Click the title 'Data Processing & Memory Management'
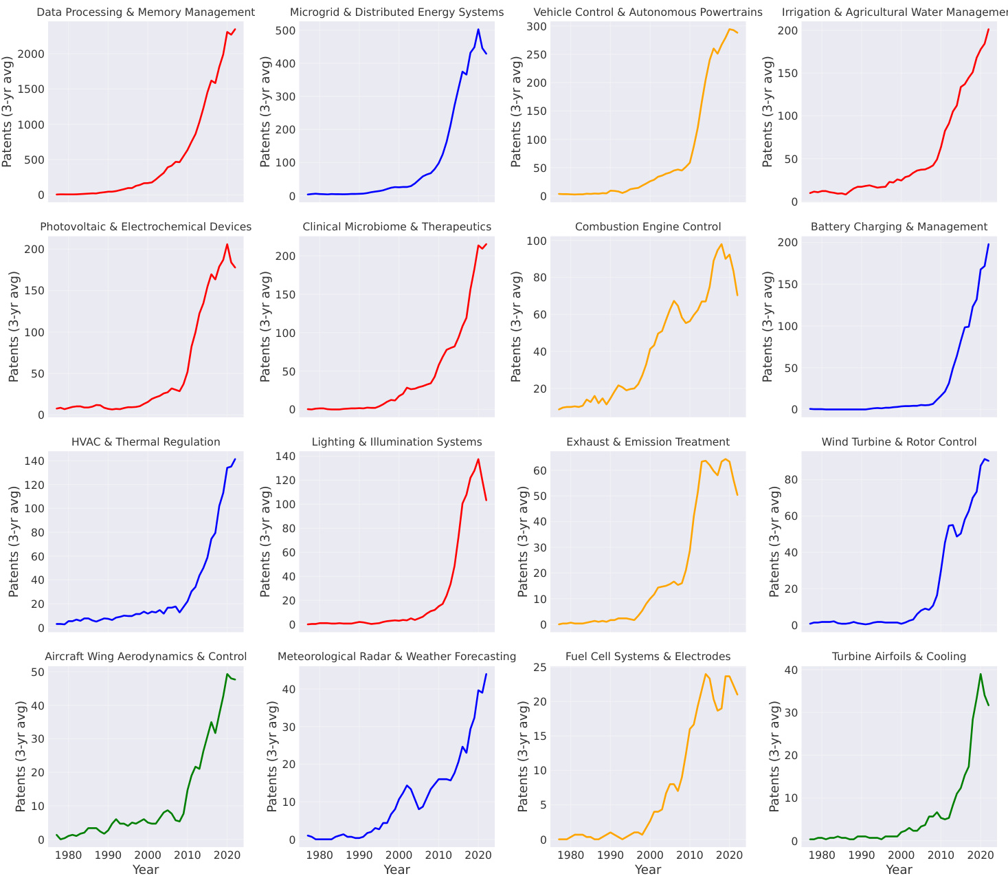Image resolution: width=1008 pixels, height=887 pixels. (x=145, y=12)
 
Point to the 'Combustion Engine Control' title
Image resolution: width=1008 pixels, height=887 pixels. (x=647, y=227)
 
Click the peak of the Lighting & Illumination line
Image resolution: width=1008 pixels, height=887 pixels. (x=478, y=459)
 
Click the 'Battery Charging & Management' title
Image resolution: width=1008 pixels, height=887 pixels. (x=899, y=227)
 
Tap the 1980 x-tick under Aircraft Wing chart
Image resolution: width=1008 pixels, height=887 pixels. (x=67, y=855)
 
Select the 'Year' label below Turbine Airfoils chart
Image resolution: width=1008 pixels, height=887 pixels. (x=899, y=870)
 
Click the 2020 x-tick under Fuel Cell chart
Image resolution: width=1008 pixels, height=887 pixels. (x=730, y=855)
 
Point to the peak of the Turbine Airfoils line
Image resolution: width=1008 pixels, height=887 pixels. (x=981, y=674)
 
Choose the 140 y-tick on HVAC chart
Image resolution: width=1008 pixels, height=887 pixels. (x=36, y=461)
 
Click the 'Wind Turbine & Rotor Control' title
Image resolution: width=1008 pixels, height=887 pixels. (x=899, y=442)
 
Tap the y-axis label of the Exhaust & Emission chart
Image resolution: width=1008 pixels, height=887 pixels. (x=523, y=541)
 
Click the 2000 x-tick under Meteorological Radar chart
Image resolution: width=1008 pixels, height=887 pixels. (x=398, y=855)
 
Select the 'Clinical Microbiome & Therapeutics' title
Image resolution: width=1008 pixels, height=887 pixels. (x=396, y=227)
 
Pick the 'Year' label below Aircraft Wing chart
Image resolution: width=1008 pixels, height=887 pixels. (x=146, y=870)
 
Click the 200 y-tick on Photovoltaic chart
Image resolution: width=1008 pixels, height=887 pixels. (x=36, y=249)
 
